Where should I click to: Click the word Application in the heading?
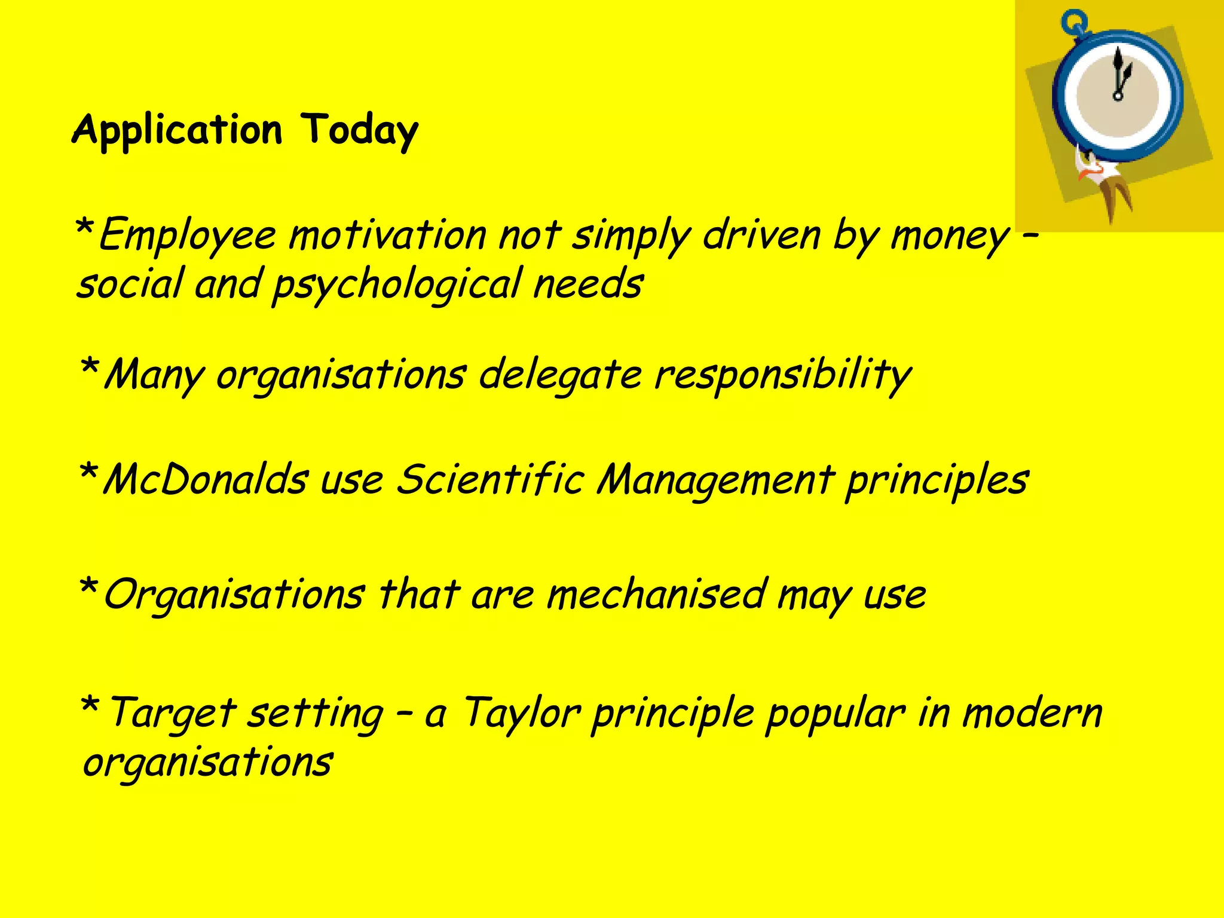point(177,130)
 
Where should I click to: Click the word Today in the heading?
point(359,130)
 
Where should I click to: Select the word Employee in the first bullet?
point(187,235)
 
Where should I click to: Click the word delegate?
point(561,376)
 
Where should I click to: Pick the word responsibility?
point(782,376)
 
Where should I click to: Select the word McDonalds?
point(206,480)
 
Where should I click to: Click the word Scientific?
point(490,480)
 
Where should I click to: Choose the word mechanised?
point(656,595)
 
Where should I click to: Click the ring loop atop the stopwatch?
point(1073,22)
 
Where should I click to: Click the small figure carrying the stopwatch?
point(1103,179)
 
